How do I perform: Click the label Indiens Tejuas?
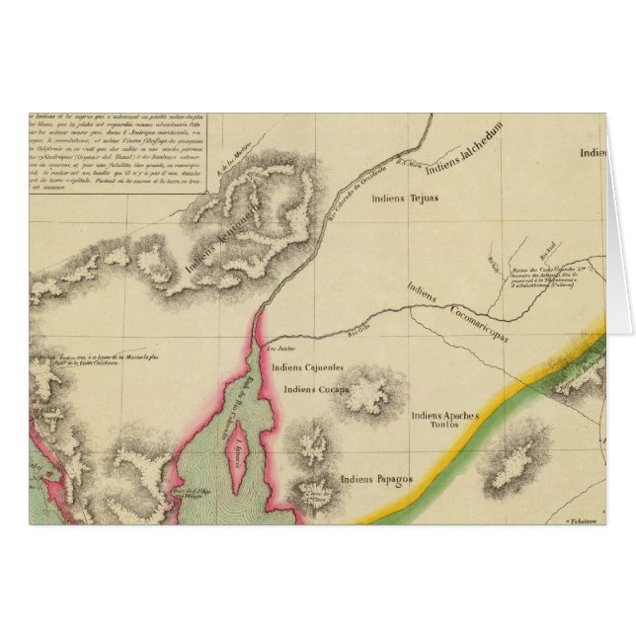point(403,199)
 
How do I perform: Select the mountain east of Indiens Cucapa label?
point(368,391)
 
